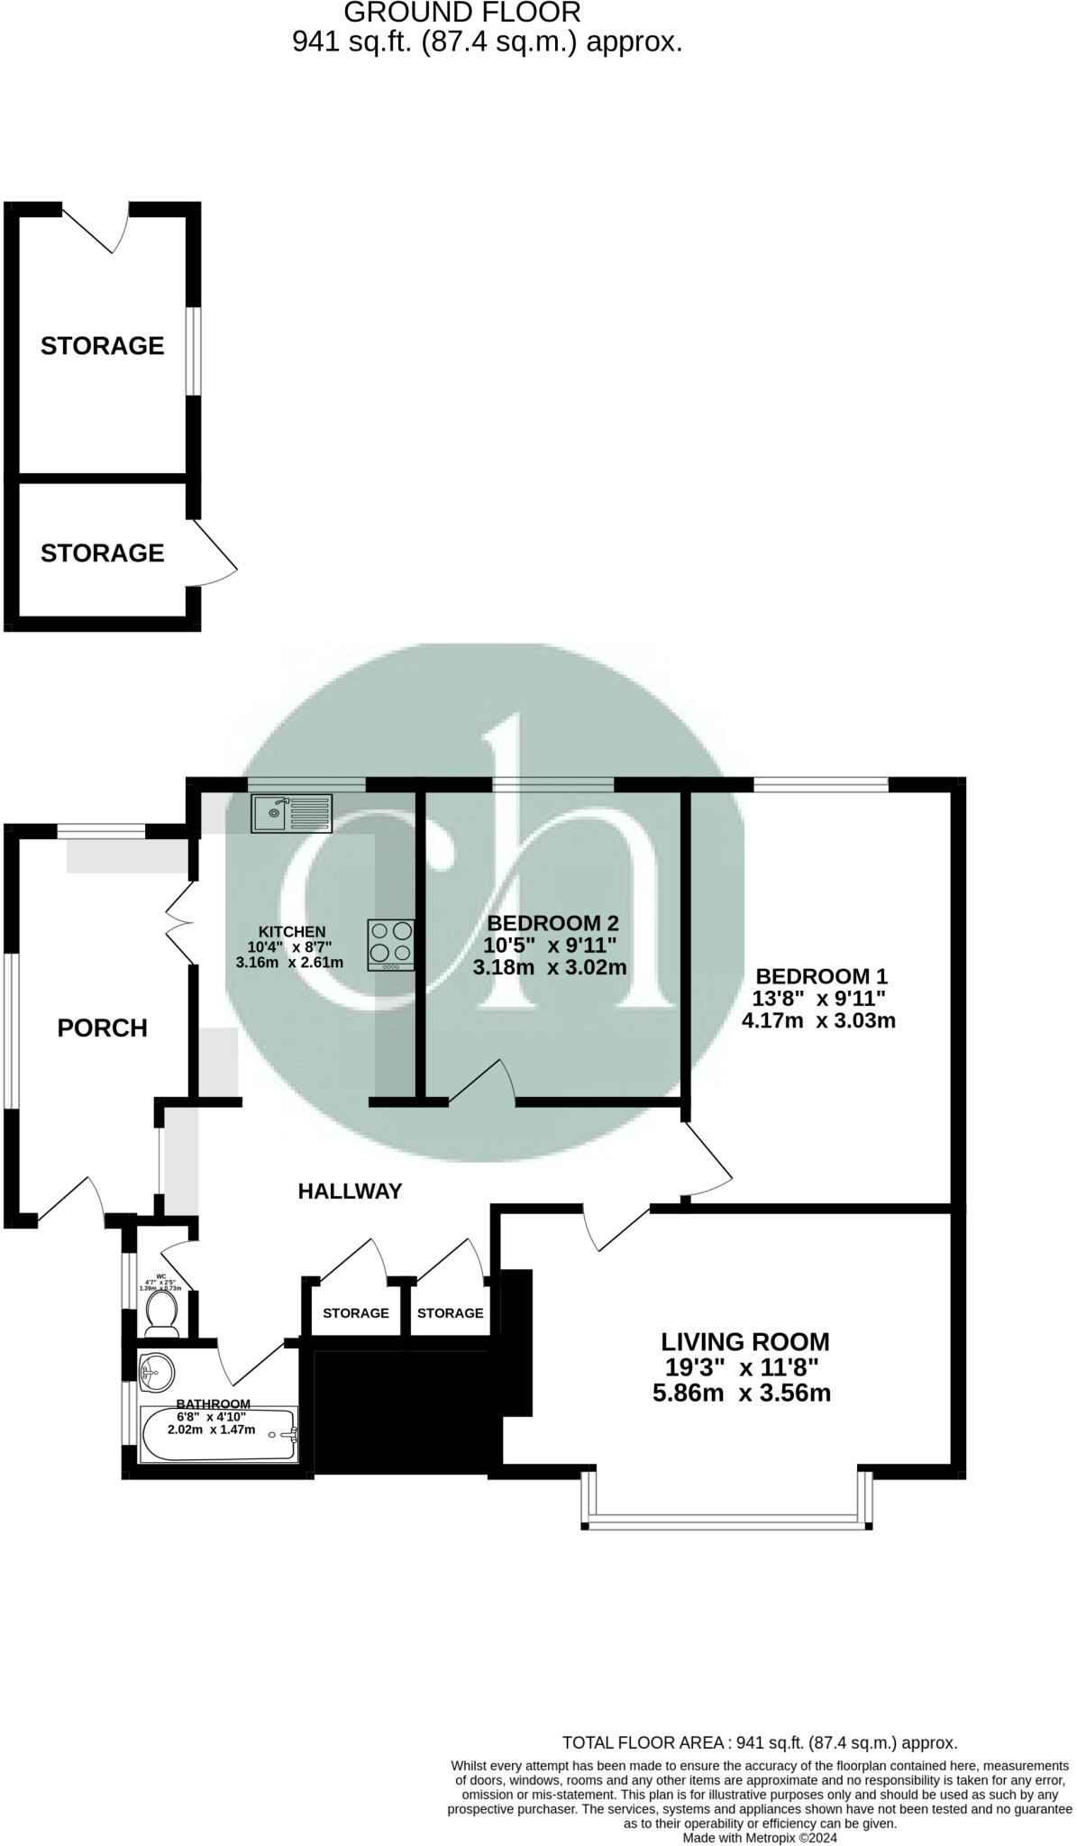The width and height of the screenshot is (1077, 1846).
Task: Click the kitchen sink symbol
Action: coord(292,813)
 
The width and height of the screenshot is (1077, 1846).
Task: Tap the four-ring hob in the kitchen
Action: coord(391,944)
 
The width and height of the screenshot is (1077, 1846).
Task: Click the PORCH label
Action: coord(102,1028)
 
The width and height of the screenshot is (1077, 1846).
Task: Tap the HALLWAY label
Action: coord(350,1191)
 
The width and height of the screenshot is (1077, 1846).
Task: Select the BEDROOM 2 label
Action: coord(552,923)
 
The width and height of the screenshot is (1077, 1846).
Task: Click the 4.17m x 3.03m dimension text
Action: coord(818,1021)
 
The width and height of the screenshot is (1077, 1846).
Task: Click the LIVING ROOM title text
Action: coord(745,1342)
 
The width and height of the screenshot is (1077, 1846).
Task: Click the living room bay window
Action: coord(727,1522)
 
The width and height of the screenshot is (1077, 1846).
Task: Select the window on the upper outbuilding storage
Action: coord(194,351)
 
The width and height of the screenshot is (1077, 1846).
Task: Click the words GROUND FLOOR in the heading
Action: coord(462,13)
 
